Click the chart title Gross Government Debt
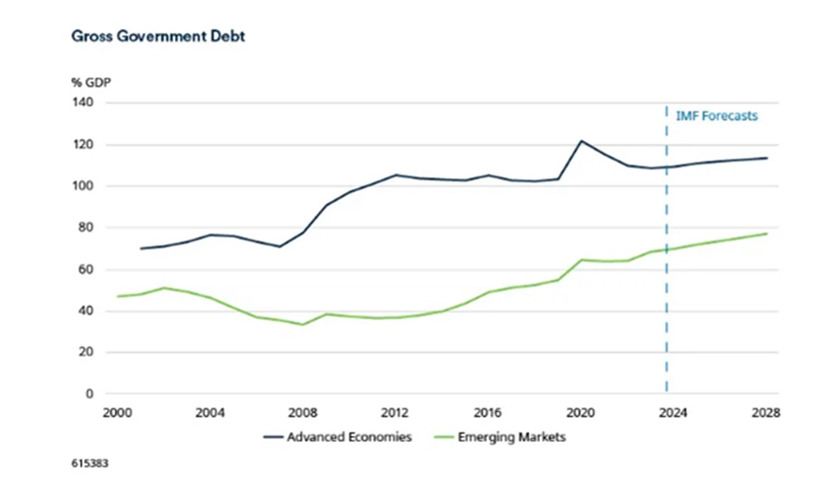pos(158,36)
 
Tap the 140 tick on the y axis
pos(83,103)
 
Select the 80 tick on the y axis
pos(85,228)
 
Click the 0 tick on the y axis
pos(89,394)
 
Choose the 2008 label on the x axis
pos(303,413)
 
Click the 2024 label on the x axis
pos(673,413)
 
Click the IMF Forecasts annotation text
pos(716,115)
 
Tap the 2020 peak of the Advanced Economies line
pos(580,141)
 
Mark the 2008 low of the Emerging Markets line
pos(303,324)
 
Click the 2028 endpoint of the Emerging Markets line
pos(767,234)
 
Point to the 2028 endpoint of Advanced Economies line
pos(767,158)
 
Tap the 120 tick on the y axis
pos(83,145)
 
